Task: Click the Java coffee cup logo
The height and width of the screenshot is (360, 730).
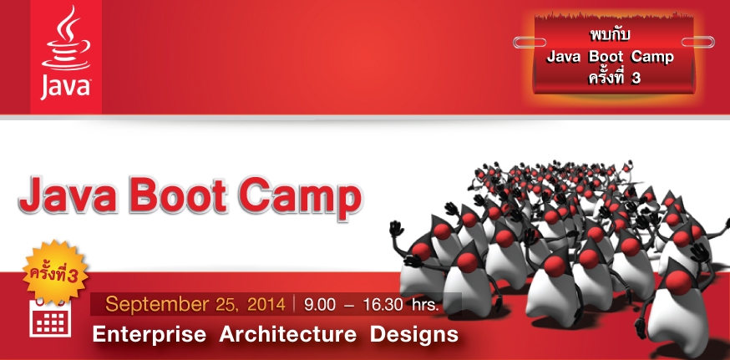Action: pyautogui.click(x=66, y=38)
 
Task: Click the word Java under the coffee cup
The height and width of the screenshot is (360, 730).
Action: pyautogui.click(x=66, y=88)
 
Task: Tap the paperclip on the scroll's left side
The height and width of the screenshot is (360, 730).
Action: pyautogui.click(x=530, y=43)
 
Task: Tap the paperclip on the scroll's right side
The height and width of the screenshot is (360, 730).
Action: pyautogui.click(x=697, y=43)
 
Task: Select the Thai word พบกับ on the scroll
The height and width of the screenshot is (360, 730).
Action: pyautogui.click(x=609, y=35)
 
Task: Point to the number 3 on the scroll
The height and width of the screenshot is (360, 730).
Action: pyautogui.click(x=636, y=79)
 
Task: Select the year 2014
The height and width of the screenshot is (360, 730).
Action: pyautogui.click(x=266, y=305)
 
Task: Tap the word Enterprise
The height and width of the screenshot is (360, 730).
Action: pyautogui.click(x=149, y=334)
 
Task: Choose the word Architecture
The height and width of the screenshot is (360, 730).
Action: pyautogui.click(x=287, y=334)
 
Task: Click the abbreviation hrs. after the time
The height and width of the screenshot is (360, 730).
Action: pyautogui.click(x=425, y=306)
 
